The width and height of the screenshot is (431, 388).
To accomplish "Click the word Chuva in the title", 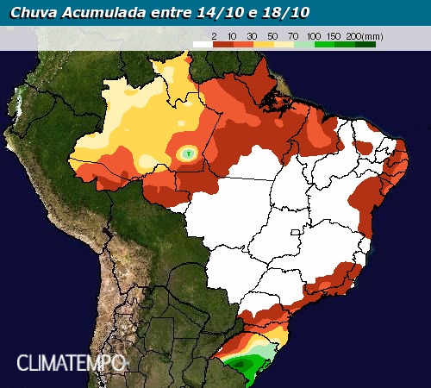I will (x=30, y=12).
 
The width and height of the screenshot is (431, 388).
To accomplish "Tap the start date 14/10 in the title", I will (x=226, y=12).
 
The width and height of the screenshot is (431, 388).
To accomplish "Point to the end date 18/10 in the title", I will (x=288, y=12).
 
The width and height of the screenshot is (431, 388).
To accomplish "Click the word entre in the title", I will (x=171, y=12).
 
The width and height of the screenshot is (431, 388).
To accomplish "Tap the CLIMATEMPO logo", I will (x=71, y=362).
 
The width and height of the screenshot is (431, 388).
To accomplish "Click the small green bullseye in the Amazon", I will (x=188, y=153).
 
